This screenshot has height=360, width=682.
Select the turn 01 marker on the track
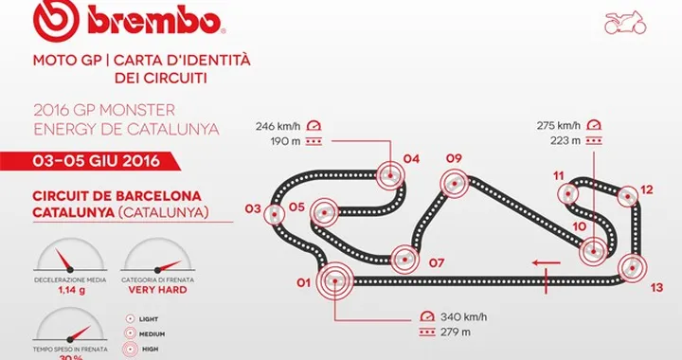333,280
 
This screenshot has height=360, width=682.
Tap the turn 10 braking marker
592,252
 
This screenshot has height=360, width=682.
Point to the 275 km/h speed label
555,124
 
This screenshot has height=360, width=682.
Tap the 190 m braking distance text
283,139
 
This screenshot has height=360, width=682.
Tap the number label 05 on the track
296,207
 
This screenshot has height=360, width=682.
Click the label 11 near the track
559,175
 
